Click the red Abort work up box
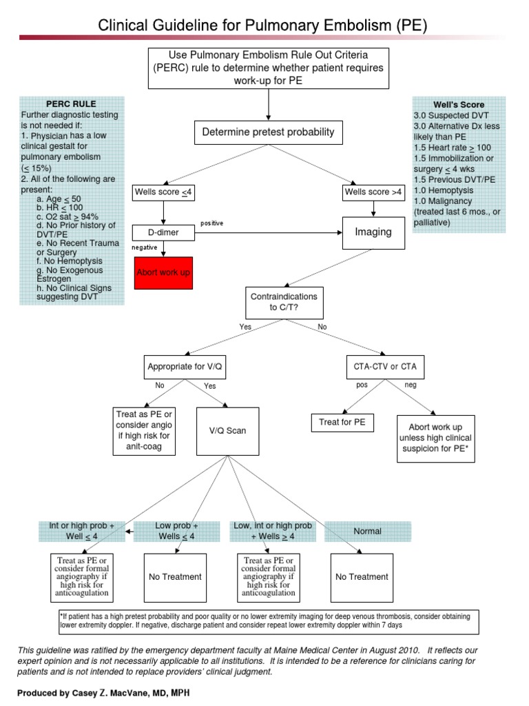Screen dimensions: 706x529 tap(163, 273)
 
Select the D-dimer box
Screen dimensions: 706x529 tap(163, 233)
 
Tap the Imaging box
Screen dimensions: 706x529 tap(373, 232)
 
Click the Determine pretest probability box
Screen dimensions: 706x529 tap(268, 132)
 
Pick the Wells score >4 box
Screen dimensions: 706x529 tap(373, 192)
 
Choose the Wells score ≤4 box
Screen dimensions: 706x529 tap(163, 192)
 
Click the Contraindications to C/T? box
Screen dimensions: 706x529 tap(284, 301)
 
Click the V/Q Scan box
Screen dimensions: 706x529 tap(227, 431)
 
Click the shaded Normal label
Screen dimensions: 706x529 tap(368, 531)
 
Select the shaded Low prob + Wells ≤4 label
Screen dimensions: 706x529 tap(176, 531)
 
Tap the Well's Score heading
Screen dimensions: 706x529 tap(459, 105)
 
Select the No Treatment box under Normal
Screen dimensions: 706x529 tap(362, 576)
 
